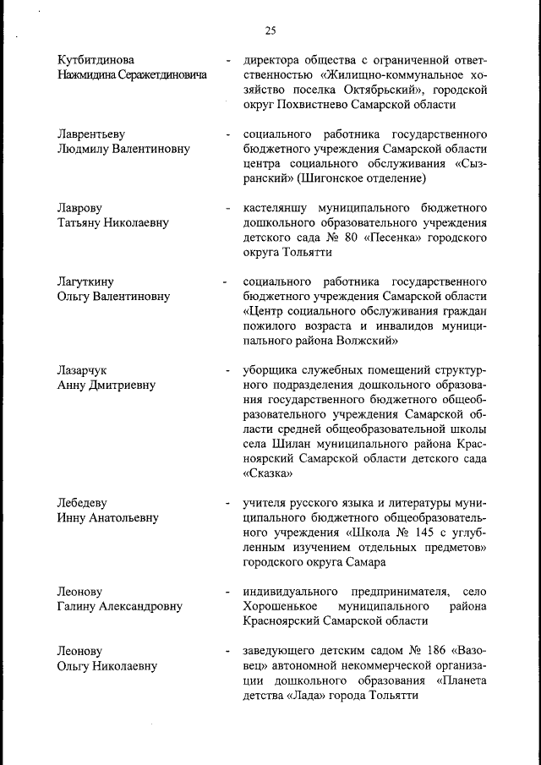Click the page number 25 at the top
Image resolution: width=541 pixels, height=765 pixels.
[270, 31]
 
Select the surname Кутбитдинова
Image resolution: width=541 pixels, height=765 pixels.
[96, 60]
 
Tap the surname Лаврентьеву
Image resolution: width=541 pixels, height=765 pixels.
[91, 134]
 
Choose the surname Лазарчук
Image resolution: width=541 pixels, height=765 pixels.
[82, 370]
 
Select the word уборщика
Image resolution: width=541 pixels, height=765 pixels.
[270, 370]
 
